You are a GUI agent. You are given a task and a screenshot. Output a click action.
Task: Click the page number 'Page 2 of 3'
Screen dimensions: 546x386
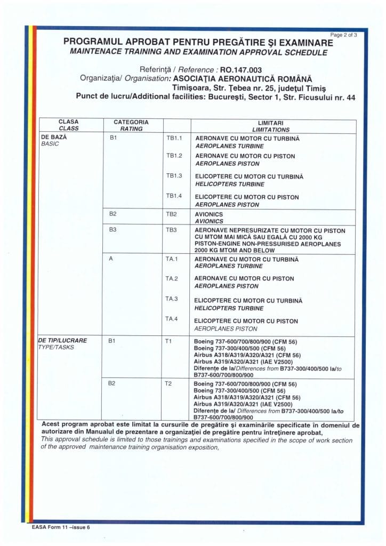pos(344,34)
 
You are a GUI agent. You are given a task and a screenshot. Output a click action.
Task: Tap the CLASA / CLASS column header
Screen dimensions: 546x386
pos(68,126)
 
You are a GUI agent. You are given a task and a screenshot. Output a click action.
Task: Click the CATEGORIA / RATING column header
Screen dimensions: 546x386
pos(131,126)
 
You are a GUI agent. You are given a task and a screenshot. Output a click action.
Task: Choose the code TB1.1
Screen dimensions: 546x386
pos(174,138)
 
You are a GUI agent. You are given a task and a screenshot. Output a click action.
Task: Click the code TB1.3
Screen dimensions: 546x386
pos(174,176)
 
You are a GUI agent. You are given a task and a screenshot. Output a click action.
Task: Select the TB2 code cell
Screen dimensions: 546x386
pos(171,213)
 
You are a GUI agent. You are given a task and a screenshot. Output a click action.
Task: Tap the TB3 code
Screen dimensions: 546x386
pos(171,230)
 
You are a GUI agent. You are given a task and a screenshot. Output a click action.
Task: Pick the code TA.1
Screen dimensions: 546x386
pos(171,259)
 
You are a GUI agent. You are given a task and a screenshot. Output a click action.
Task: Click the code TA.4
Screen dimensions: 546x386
pos(171,318)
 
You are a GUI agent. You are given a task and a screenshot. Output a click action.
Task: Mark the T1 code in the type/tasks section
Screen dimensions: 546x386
pos(168,340)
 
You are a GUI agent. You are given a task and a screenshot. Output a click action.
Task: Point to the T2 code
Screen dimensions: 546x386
pos(168,384)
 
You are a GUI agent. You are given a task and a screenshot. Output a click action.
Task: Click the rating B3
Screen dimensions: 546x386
pos(112,230)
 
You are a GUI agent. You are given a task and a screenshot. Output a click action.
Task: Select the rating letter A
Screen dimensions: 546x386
pos(110,259)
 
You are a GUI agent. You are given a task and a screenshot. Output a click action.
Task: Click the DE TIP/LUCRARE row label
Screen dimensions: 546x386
pos(62,343)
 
